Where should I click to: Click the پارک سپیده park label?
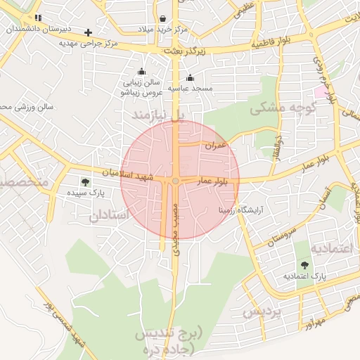(86, 192)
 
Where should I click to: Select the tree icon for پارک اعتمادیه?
(304, 265)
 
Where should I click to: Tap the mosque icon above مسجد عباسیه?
(190, 78)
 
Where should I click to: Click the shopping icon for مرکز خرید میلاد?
(163, 19)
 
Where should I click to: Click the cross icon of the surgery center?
(88, 32)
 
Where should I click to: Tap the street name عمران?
(216, 146)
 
